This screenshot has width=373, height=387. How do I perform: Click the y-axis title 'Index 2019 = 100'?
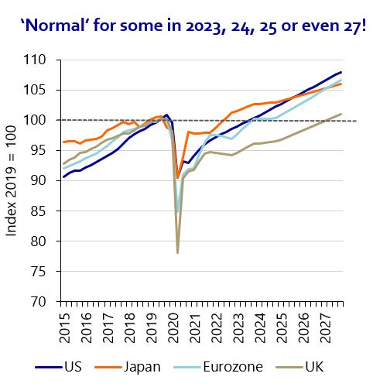click(12, 180)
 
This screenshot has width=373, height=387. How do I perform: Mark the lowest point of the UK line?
click(178, 253)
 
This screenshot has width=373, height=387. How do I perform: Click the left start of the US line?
click(63, 176)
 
